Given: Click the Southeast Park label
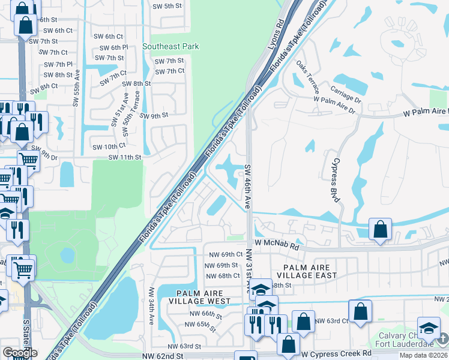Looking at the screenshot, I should pyautogui.click(x=170, y=46).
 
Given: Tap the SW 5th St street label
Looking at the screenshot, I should pyautogui.click(x=167, y=6).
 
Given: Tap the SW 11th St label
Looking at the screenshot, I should pyautogui.click(x=125, y=157).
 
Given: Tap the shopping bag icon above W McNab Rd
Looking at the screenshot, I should pyautogui.click(x=380, y=229).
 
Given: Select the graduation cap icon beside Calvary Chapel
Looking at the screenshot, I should pyautogui.click(x=429, y=328).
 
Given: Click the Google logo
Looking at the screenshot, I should pyautogui.click(x=20, y=353).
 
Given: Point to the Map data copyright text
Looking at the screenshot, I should pyautogui.click(x=423, y=355).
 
